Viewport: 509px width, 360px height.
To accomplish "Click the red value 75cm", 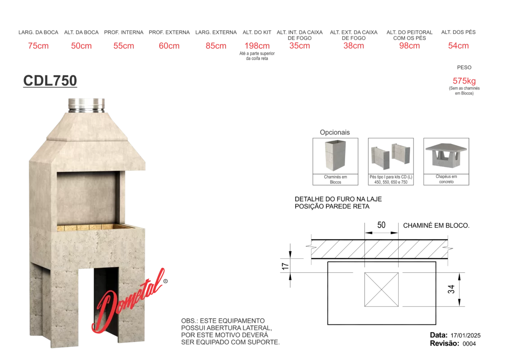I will point(38,46).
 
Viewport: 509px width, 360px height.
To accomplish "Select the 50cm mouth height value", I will point(81,46).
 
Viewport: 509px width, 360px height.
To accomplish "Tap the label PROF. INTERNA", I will point(124,33).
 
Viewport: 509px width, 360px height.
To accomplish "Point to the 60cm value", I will point(169,46).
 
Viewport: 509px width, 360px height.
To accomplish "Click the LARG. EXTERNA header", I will point(216,33).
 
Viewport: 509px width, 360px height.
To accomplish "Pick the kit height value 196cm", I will point(257,46).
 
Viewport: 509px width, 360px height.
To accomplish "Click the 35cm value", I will point(300,46).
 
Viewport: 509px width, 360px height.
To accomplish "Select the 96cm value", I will point(410,46).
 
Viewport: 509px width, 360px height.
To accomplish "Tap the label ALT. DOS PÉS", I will point(458,32).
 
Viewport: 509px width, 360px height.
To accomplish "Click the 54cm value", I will point(459,46).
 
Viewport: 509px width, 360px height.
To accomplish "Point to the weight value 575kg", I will point(464,81).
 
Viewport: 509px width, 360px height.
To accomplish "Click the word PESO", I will point(464,67).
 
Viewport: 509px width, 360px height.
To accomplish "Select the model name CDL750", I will point(50,81).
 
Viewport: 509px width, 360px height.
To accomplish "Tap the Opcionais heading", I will point(335,132).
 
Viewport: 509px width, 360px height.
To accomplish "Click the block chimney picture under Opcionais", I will point(336,155).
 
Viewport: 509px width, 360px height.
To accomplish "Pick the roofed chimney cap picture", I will point(446,155).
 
